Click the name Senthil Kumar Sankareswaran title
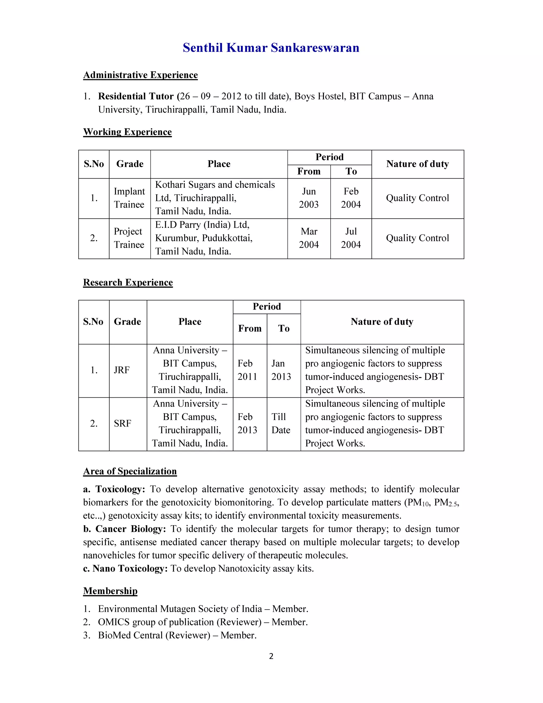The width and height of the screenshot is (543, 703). coord(271,48)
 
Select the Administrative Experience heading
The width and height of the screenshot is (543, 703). coord(140,75)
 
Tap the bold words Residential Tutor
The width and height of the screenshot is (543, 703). coord(136,96)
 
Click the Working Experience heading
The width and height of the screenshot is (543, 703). coord(127,132)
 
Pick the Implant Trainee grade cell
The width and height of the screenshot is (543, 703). coord(129,198)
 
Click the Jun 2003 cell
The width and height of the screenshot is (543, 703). coord(309,198)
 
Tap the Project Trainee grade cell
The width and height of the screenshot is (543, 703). coord(129,238)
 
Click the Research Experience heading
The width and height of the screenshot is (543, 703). coord(128,283)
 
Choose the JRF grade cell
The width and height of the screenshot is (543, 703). coord(122,370)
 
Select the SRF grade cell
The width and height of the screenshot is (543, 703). coord(122,424)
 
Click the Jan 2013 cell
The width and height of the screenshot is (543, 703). coord(281,370)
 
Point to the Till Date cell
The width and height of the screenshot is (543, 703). coord(281,424)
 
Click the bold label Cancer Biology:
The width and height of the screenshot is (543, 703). coord(130,529)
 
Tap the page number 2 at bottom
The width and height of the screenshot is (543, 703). coord(271,656)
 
